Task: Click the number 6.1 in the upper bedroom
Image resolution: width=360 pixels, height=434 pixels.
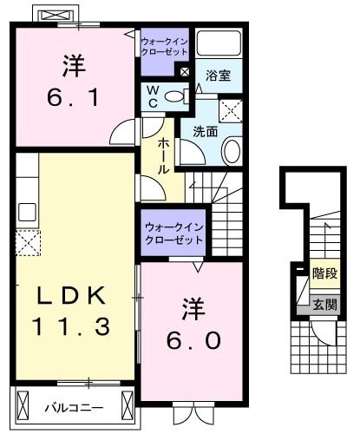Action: (x=73, y=91)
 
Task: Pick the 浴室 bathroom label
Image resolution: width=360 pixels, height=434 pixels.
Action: (x=219, y=76)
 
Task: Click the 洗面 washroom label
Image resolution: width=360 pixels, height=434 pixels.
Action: (x=205, y=132)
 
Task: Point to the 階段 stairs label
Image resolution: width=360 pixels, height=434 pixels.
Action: (x=324, y=273)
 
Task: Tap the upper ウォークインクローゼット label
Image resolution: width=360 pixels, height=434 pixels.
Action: (x=165, y=46)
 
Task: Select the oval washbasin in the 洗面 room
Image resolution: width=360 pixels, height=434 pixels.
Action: (x=232, y=150)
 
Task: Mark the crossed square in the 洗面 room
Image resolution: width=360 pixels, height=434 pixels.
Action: (x=231, y=110)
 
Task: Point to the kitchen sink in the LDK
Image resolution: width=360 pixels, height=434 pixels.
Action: (x=26, y=211)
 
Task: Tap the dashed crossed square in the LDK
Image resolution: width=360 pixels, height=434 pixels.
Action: (x=27, y=243)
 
